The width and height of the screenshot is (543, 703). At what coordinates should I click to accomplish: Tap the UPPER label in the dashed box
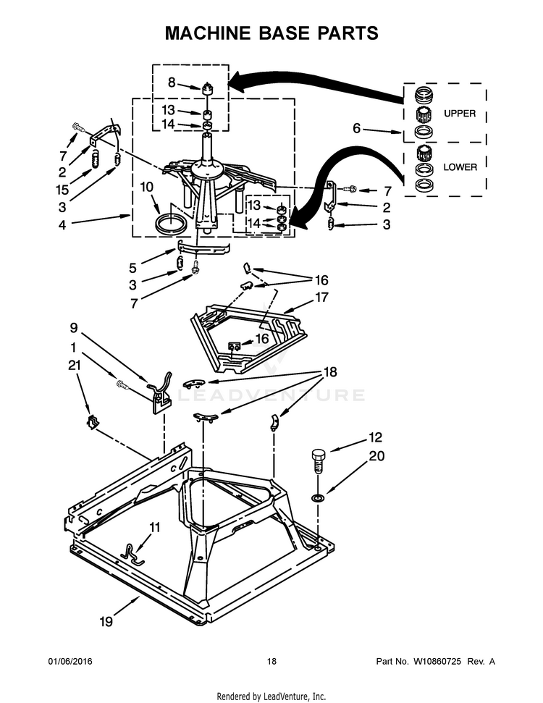coord(460,114)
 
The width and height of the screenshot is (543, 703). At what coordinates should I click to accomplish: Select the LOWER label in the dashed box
coord(460,167)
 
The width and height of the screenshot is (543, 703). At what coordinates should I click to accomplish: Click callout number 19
coord(106,621)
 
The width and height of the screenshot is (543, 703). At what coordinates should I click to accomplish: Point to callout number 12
coord(375,437)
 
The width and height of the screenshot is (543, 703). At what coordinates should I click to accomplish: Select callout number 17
coord(322,297)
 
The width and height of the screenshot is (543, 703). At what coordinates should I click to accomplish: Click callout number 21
coord(73,366)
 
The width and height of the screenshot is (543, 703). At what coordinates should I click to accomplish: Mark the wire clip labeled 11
coord(132,555)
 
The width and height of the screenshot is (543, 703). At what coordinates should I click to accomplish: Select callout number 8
coord(172,82)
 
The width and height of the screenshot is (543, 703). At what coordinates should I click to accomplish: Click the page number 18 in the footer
coord(271,662)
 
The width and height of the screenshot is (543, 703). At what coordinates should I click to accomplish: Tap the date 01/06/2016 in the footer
coord(70,662)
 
